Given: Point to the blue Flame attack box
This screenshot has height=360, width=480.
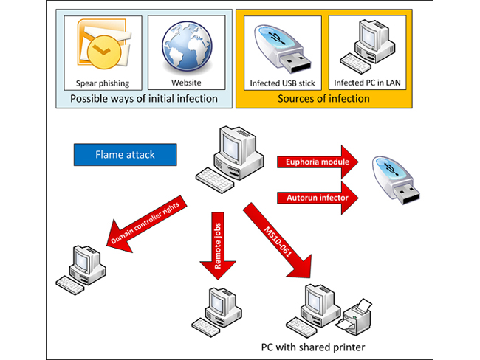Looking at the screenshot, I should pyautogui.click(x=125, y=155).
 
